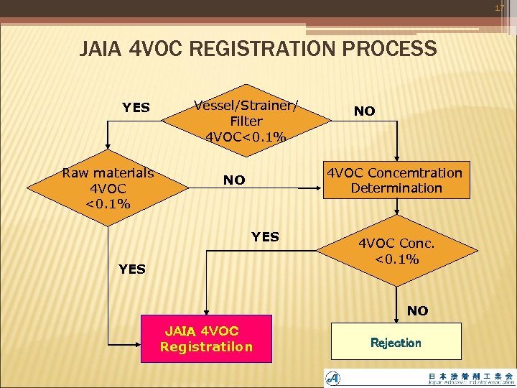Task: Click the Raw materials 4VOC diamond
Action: click(108, 188)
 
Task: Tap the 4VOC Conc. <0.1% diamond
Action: click(396, 251)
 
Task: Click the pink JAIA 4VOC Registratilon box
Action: click(207, 338)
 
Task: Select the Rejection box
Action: click(396, 342)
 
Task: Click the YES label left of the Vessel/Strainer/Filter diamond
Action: click(136, 108)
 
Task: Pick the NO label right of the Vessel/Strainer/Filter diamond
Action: click(364, 111)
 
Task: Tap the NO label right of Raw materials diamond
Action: click(233, 180)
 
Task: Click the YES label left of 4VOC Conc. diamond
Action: click(265, 236)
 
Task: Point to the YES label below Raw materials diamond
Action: click(132, 269)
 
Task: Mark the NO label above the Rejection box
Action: click(417, 310)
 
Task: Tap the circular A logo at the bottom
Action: click(333, 378)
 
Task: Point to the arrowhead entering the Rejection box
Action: click(396, 320)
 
